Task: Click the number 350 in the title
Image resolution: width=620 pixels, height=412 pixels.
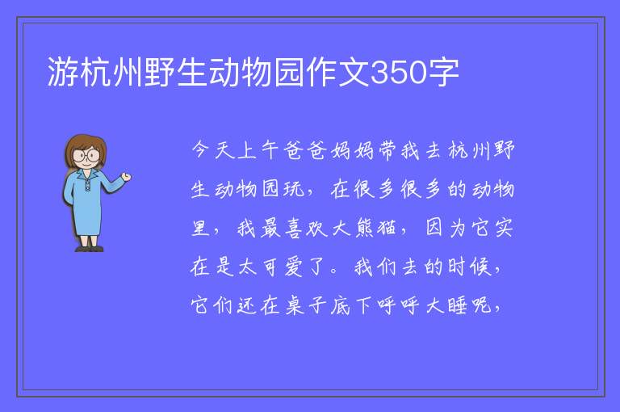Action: (399, 73)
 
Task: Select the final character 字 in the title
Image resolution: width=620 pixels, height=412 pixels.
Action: (443, 73)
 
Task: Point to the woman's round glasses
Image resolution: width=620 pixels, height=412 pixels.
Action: (86, 155)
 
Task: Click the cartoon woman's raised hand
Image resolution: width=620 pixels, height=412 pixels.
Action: (126, 177)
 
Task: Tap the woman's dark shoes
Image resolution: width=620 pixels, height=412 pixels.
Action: (90, 249)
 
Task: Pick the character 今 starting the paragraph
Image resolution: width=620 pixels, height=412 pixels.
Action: (201, 150)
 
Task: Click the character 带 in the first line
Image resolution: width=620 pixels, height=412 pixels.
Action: (387, 150)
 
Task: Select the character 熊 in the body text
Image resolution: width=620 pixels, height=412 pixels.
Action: (364, 229)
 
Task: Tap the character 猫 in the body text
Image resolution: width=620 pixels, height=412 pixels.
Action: (387, 229)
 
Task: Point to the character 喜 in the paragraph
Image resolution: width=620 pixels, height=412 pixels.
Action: (294, 229)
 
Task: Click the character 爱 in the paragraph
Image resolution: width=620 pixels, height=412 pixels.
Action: (294, 267)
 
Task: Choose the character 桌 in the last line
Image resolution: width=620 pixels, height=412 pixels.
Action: (294, 305)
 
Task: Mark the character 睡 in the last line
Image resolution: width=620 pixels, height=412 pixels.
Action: (457, 305)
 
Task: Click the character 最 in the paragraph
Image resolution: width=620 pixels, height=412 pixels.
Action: (270, 229)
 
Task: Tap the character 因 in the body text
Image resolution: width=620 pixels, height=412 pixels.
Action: (434, 229)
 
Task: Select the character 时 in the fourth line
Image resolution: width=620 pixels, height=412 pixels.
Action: (457, 267)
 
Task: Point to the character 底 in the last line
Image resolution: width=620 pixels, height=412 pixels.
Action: (341, 305)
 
